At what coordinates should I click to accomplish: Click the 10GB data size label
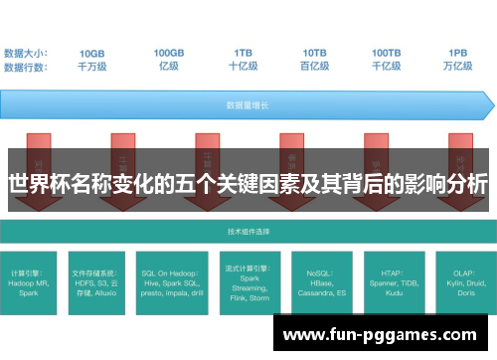(92, 53)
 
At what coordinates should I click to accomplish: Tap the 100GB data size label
(169, 53)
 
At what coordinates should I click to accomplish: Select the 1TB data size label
(243, 53)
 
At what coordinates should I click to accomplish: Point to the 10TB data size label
(315, 53)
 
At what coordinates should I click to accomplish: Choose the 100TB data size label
(387, 53)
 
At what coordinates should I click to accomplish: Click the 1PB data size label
(458, 53)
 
